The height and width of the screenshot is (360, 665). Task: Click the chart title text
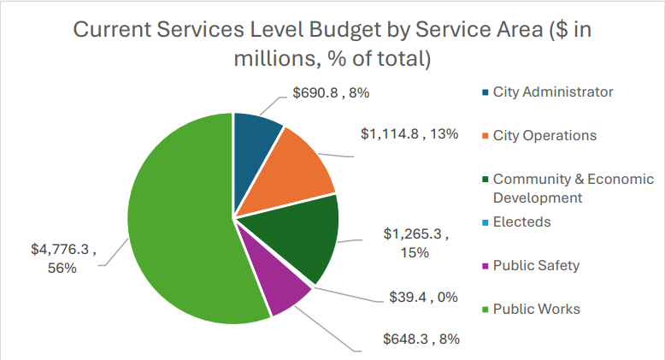332,43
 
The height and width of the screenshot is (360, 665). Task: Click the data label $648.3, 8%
421,339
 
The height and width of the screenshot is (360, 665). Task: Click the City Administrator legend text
553,92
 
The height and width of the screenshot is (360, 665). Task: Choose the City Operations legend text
544,136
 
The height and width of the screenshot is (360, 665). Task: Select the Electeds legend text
521,222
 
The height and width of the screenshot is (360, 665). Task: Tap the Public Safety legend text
536,265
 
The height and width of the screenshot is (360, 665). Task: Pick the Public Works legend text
536,309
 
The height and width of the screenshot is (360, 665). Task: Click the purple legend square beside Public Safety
486,266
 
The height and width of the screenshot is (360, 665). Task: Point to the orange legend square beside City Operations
486,137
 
